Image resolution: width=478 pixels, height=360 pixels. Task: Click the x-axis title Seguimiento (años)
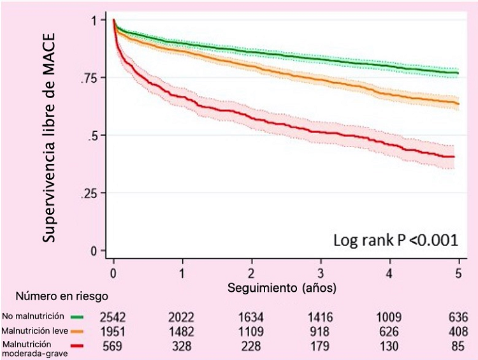[282, 288]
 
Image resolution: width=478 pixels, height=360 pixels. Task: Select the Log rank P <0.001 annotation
[395, 240]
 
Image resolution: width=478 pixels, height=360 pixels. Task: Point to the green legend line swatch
[78, 316]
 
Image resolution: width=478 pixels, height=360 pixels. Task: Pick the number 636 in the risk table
[458, 317]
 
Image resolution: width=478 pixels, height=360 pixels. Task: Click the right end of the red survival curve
[454, 157]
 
